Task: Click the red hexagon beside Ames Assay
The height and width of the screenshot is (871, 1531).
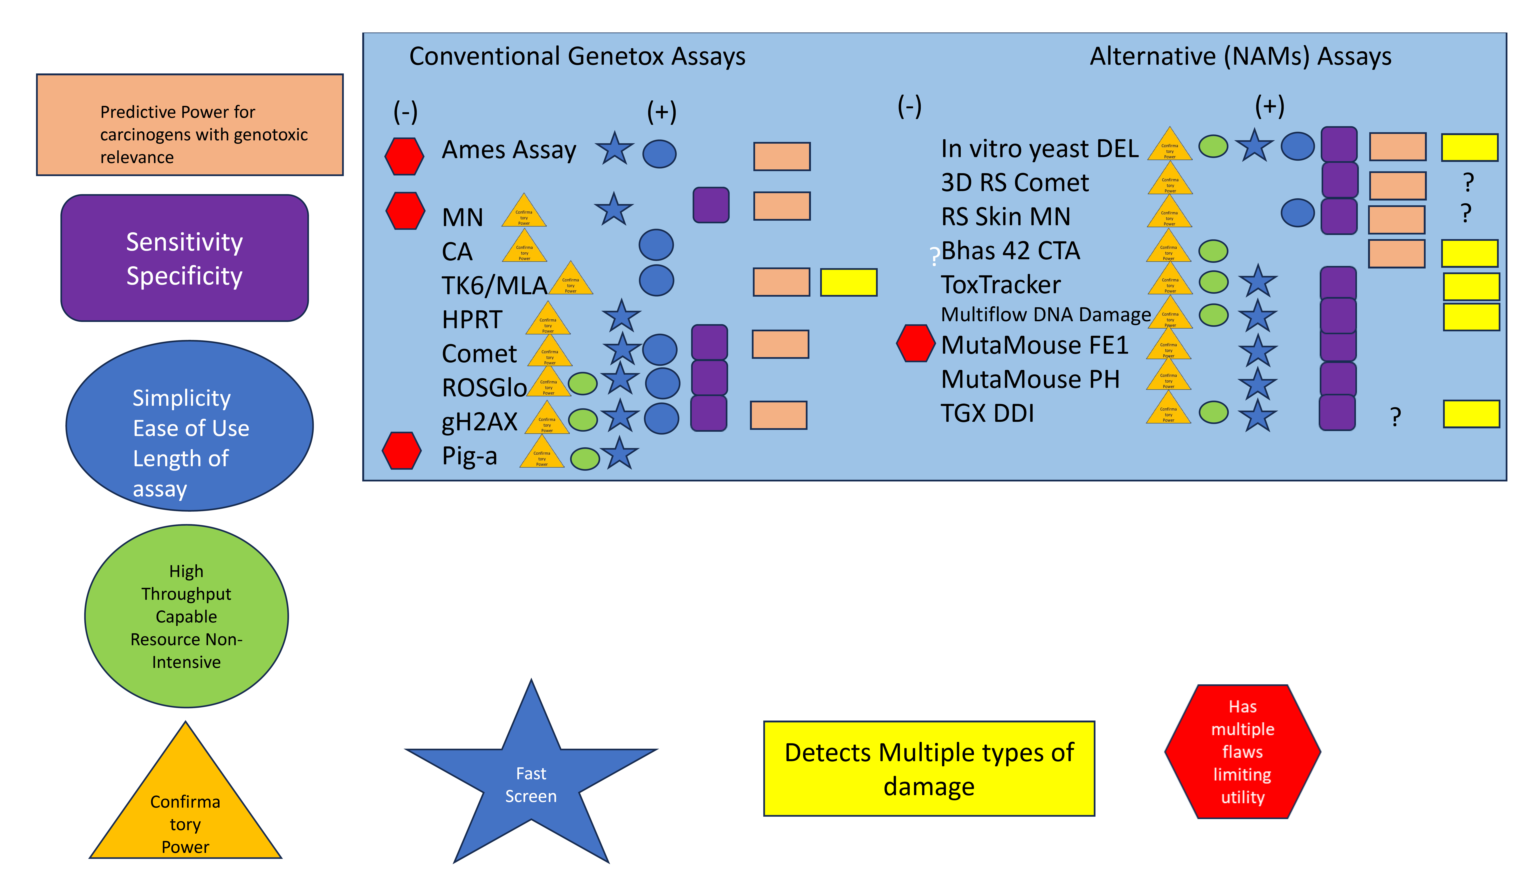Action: (x=404, y=156)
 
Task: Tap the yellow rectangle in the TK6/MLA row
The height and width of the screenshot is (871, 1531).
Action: (x=848, y=282)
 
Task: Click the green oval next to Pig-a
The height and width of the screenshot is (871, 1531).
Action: (x=585, y=459)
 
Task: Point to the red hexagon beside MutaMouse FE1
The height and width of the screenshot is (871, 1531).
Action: (x=915, y=343)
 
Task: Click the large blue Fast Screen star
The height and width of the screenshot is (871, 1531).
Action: (x=531, y=778)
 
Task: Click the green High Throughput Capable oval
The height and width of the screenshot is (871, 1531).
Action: (x=187, y=616)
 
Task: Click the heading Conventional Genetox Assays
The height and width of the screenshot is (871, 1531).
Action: (x=577, y=56)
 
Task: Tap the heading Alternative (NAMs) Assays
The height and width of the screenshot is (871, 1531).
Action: (x=1240, y=56)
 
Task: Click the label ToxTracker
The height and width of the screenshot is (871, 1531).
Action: (x=1001, y=285)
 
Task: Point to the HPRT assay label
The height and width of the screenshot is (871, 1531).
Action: (x=472, y=320)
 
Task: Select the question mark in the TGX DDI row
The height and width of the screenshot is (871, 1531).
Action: (x=1395, y=417)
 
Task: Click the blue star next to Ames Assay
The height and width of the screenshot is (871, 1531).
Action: (x=614, y=149)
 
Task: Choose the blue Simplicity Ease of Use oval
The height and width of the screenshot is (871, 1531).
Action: (x=190, y=426)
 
